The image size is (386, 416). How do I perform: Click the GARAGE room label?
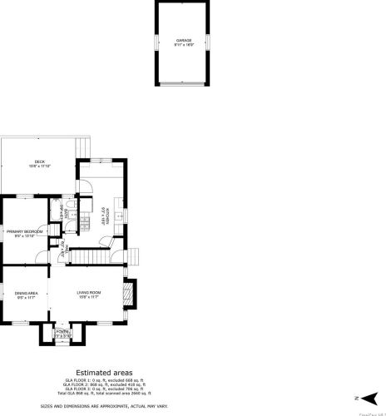[182, 40]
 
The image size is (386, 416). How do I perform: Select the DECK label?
[39, 162]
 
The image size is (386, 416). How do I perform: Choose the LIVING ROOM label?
[89, 292]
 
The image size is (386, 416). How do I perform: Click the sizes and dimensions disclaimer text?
[103, 405]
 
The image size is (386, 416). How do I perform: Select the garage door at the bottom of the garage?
[181, 83]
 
